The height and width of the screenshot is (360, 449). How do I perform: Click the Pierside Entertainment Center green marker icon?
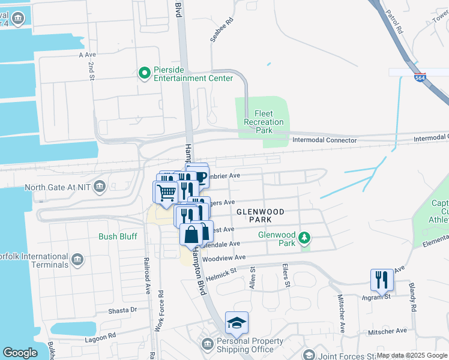coord(144,73)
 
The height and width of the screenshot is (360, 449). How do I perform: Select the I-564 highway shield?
coord(418,77)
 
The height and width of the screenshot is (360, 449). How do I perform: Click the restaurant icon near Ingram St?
coord(382,280)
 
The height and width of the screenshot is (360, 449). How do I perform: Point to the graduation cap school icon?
coord(237,323)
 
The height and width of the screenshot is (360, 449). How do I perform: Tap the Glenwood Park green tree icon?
coord(305,238)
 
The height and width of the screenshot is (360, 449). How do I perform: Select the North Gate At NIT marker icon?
coord(100,186)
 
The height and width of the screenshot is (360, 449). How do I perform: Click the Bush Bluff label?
coord(118,236)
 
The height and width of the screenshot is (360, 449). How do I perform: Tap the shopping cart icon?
coord(165,192)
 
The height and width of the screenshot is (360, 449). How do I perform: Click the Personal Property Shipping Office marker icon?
coord(208,343)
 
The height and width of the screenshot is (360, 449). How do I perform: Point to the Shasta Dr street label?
coord(123,310)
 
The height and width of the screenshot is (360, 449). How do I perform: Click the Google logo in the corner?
coord(20,353)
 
